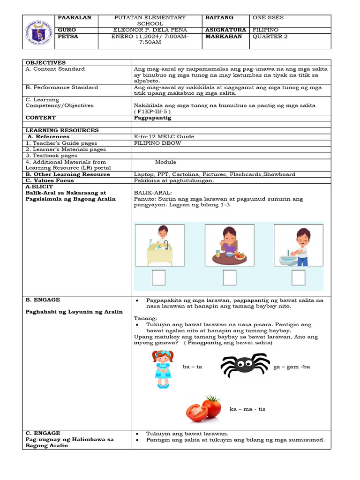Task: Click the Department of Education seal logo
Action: [39, 32]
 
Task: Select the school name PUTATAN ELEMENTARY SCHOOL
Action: [150, 21]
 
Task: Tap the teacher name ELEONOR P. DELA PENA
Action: [150, 30]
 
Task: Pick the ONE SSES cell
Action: [268, 18]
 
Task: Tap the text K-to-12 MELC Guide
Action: [164, 137]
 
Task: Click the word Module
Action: [165, 162]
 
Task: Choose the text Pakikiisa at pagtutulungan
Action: [174, 180]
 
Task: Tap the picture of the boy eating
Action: [229, 246]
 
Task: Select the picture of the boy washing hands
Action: [298, 246]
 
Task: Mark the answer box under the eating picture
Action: [229, 278]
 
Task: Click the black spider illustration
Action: [245, 365]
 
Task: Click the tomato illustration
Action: [204, 408]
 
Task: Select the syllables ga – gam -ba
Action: [292, 367]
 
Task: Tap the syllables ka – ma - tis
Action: [247, 409]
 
